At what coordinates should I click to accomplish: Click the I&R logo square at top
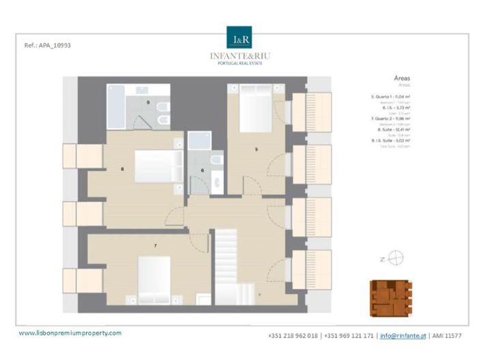[x=240, y=38]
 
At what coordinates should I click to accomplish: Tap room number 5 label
[x=256, y=149]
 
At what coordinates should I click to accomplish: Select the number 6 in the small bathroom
[x=203, y=170]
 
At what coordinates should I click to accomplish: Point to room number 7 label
[x=156, y=244]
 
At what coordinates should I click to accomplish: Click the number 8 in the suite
[x=122, y=168]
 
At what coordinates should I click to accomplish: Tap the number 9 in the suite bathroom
[x=148, y=102]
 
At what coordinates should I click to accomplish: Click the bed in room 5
[x=254, y=109]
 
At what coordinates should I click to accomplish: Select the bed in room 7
[x=158, y=277]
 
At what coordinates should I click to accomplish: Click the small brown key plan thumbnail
[x=391, y=299]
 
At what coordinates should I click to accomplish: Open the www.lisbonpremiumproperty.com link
[x=70, y=333]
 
